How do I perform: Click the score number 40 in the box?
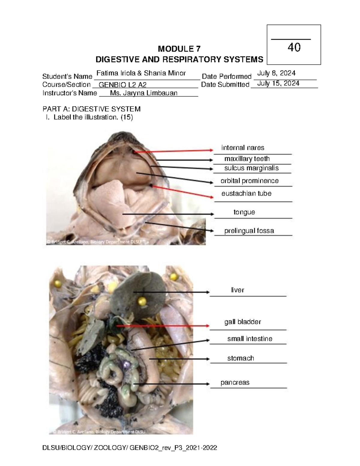point(294,47)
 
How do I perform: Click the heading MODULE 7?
point(179,49)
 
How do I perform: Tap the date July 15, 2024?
point(278,83)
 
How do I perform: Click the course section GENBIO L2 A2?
point(122,85)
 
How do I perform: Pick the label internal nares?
point(242,148)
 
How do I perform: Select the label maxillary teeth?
point(247,159)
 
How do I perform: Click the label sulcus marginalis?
point(251,168)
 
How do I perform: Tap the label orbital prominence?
point(249,181)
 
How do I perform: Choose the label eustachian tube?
point(246,194)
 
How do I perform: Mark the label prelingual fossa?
point(249,231)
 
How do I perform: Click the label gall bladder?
point(242,322)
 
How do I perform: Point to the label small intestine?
point(250,339)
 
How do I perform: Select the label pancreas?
point(235,383)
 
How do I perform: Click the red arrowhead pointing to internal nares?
point(211,150)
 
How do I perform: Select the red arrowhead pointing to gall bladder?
point(207,326)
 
